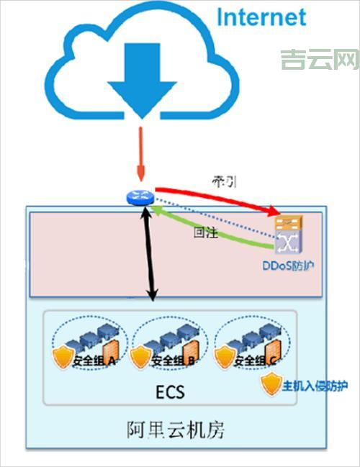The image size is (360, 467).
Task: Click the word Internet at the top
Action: (x=261, y=17)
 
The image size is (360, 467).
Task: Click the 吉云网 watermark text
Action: (x=319, y=60)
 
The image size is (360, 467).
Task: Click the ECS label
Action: (x=171, y=392)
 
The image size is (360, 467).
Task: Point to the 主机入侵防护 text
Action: (x=315, y=386)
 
